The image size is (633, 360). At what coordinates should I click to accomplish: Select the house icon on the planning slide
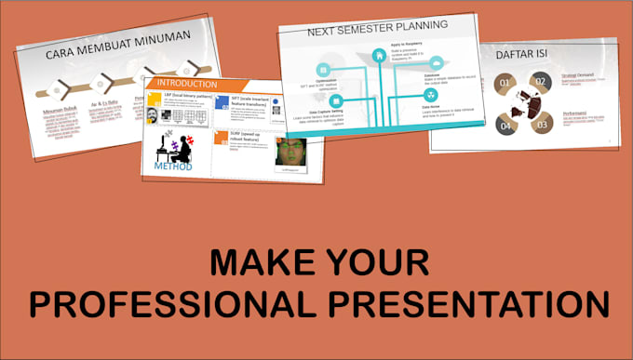[380, 55]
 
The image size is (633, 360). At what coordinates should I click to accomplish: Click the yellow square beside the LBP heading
[155, 99]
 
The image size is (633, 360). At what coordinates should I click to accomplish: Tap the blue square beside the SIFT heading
[222, 101]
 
